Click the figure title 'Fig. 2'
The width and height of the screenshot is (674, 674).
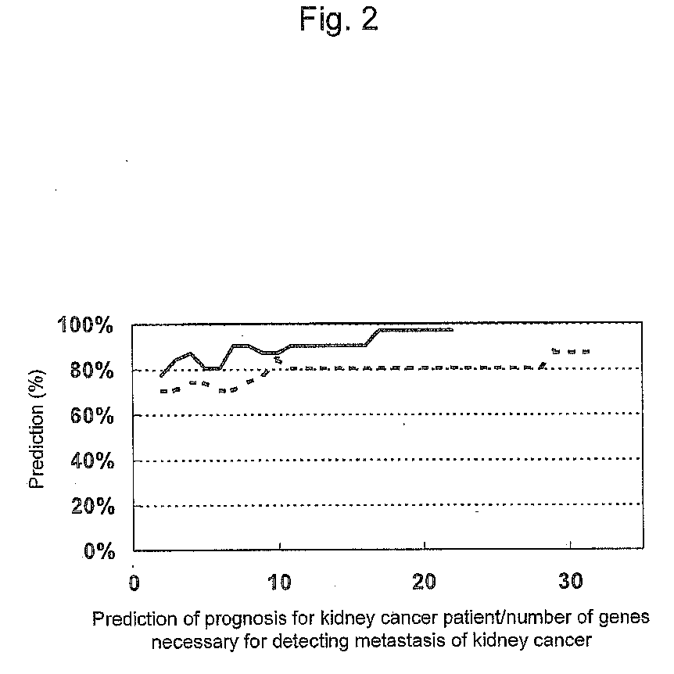[339, 20]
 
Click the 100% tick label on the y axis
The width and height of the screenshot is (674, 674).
[87, 324]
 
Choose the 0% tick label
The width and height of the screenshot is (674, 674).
[97, 551]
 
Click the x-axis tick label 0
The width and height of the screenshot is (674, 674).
[134, 583]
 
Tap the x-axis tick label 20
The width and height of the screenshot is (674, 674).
[423, 583]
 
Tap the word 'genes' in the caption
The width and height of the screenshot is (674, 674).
[628, 619]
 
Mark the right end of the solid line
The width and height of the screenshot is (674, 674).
[452, 330]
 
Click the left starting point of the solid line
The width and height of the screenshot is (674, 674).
[161, 376]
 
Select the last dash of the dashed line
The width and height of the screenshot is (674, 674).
[585, 351]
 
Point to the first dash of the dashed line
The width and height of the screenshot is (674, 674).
[163, 391]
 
